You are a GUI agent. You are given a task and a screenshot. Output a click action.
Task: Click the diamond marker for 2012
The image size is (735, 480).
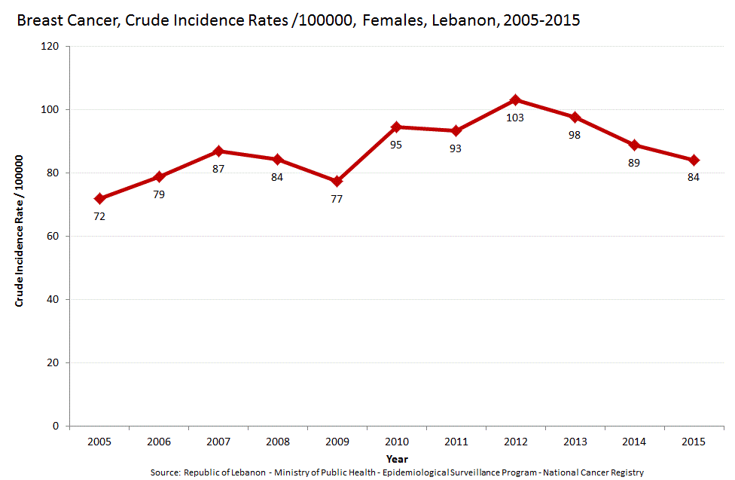[x=515, y=99]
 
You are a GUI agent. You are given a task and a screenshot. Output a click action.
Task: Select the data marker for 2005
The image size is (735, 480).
[x=99, y=198]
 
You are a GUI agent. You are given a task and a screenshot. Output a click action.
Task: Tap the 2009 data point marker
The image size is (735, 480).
[x=337, y=182]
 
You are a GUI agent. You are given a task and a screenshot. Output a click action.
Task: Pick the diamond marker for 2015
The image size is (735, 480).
[x=694, y=160]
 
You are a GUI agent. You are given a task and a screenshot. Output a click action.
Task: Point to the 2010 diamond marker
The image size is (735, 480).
[x=396, y=127]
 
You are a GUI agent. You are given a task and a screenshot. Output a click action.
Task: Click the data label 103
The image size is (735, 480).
[x=515, y=118]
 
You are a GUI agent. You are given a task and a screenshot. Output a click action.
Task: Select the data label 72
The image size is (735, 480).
[x=99, y=216]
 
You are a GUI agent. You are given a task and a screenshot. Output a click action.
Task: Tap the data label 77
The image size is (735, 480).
[x=337, y=200]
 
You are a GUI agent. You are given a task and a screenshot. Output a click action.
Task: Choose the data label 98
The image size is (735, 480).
[x=575, y=136]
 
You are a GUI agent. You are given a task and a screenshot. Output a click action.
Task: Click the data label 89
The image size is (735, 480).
[x=634, y=163]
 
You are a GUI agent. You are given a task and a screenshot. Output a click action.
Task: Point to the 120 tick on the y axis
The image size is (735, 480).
[x=50, y=46]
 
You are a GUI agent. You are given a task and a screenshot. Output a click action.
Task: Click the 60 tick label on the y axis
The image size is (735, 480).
[x=53, y=236]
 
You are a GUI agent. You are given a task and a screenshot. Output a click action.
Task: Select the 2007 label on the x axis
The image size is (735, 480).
[x=218, y=441]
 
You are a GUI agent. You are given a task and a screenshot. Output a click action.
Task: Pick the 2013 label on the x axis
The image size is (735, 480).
[x=575, y=441]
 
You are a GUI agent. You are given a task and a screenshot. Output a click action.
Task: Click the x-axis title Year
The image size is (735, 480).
[x=397, y=458]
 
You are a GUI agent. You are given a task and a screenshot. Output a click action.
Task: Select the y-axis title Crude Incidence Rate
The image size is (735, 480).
[x=20, y=231]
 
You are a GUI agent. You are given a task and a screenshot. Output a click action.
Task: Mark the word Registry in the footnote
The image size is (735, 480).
[x=626, y=472]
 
